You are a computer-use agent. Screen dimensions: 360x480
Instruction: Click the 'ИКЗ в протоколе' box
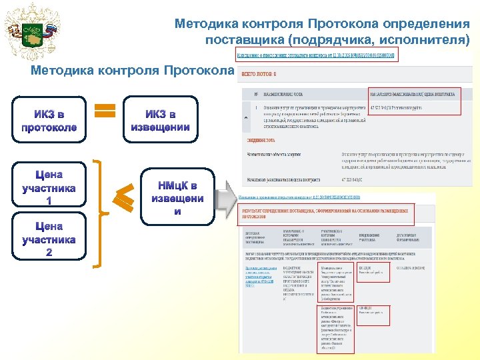tap(49, 121)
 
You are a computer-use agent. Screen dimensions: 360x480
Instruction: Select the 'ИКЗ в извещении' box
tap(161, 121)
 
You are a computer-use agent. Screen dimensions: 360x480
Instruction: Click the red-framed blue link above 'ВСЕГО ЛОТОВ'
tap(317, 55)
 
